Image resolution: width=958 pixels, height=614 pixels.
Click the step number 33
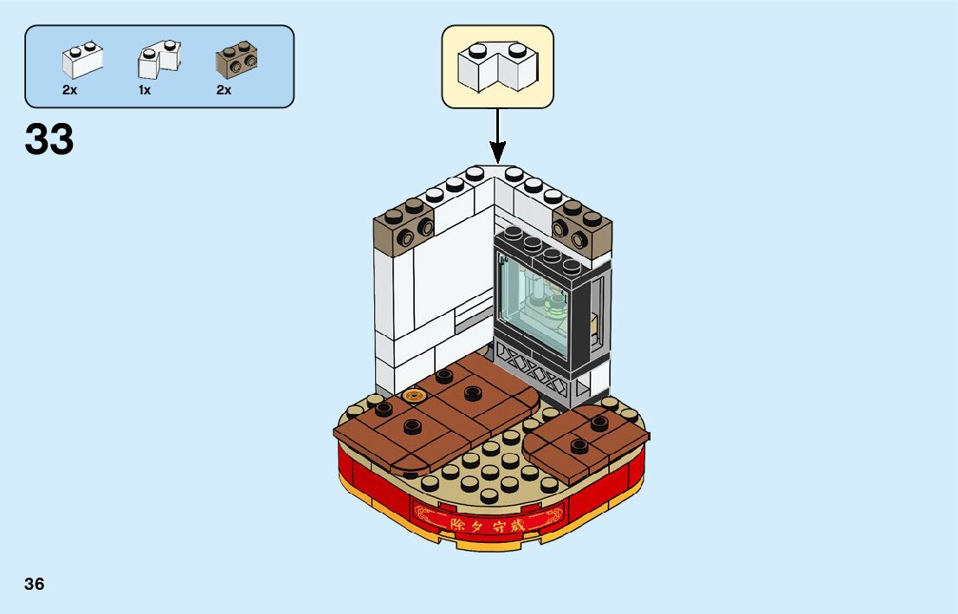coord(49,139)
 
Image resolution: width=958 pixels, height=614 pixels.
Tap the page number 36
coord(35,584)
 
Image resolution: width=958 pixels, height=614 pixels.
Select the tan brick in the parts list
coord(236,60)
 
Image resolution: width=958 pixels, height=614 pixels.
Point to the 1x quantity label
coord(145,90)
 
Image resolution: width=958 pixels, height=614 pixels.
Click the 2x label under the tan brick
coord(223,90)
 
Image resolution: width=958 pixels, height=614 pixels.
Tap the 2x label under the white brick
coord(70,90)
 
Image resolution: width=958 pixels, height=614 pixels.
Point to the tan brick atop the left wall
coord(406,223)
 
